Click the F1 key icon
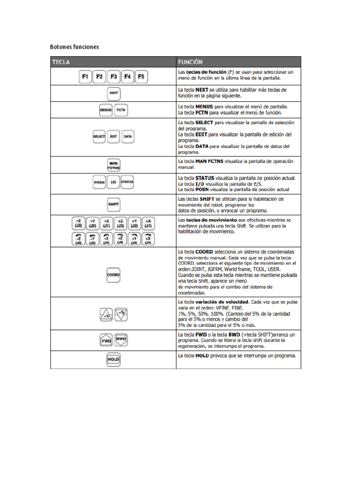coord(85,75)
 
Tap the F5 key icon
coord(142,75)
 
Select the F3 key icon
coord(113,75)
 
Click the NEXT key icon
coord(113,93)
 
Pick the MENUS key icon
coord(105,110)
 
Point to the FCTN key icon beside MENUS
coord(121,110)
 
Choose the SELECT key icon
coord(99,136)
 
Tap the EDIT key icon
coord(113,136)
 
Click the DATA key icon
coord(127,136)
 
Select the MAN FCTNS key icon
coord(113,165)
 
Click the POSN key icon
coord(99,182)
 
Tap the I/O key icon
coord(113,182)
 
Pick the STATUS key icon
coord(127,182)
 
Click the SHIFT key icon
coord(113,204)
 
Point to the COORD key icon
coord(113,276)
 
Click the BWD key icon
coord(121,339)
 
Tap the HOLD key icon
coord(113,360)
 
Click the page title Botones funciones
coord(75,47)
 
